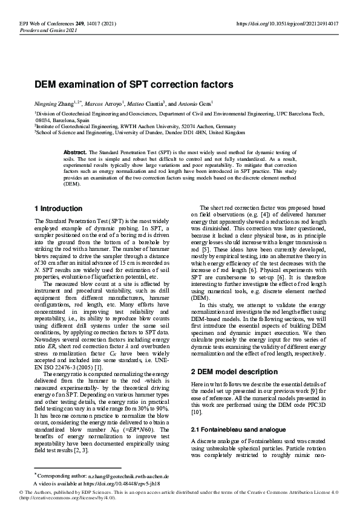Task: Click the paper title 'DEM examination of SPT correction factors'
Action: click(134, 85)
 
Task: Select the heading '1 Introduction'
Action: click(58, 209)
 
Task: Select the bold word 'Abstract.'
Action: click(76, 152)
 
